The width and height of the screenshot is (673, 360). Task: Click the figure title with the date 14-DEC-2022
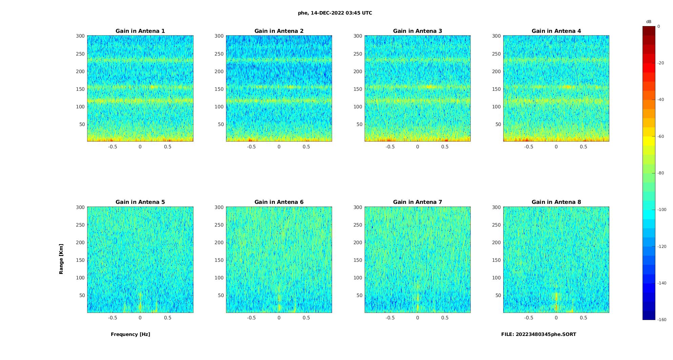point(335,13)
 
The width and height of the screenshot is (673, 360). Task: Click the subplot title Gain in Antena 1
point(140,31)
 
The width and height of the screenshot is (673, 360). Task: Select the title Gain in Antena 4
point(556,31)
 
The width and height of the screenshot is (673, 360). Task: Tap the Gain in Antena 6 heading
point(279,202)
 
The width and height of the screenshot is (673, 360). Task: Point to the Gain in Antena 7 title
point(417,202)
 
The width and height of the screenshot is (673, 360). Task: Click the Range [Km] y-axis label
point(61,259)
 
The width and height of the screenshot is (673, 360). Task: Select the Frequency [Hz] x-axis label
point(130,334)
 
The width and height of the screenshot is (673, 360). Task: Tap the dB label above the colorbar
point(649,22)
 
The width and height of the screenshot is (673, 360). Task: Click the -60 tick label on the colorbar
point(661,136)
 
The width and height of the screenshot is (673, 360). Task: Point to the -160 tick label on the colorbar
point(662,320)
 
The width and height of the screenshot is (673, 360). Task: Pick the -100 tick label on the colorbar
point(662,210)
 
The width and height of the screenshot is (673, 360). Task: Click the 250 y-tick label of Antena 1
point(80,54)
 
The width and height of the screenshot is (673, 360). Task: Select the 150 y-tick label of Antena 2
point(219,89)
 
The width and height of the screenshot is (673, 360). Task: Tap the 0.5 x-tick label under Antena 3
point(445,147)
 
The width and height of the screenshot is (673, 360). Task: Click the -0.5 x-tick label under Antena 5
point(113,318)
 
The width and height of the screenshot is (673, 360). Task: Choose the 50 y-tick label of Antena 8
point(498,295)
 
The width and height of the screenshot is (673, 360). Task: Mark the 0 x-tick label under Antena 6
point(279,318)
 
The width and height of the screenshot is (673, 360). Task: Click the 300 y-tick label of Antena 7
point(358,207)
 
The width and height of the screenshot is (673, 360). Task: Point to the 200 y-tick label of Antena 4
point(496,71)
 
